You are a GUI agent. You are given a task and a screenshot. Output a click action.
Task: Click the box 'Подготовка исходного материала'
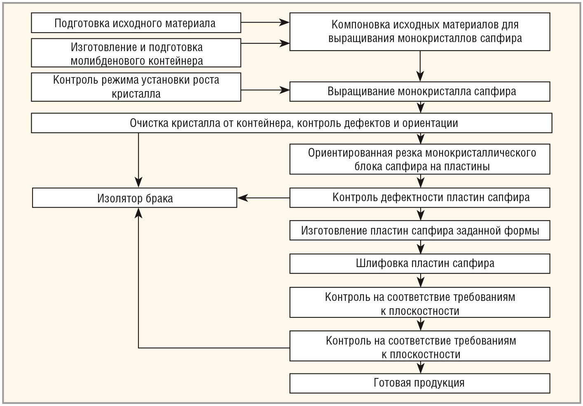[x=136, y=23]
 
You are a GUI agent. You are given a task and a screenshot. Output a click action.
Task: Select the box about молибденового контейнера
[x=136, y=53]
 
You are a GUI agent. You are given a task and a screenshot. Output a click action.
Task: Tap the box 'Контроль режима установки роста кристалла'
[x=136, y=87]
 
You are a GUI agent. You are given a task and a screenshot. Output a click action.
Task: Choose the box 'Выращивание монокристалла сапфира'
[x=420, y=92]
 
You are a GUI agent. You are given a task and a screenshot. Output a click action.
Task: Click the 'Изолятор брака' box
[x=135, y=198]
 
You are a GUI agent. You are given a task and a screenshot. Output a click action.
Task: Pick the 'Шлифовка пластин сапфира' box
[x=420, y=264]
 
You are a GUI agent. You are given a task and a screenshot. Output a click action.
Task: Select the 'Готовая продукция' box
[x=420, y=383]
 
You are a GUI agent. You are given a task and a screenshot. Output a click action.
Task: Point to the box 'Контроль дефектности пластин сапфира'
[x=420, y=198]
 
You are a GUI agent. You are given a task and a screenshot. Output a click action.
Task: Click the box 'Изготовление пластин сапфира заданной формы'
[x=420, y=230]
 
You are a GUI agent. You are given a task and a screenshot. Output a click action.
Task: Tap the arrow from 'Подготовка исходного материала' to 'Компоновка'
[x=265, y=22]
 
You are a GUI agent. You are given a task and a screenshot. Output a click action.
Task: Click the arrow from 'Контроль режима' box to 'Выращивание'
[x=265, y=90]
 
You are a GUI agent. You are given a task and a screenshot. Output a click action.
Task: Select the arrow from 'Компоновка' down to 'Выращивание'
[x=420, y=66]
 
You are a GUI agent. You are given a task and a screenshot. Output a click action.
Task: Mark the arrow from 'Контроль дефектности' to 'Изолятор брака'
[x=263, y=198]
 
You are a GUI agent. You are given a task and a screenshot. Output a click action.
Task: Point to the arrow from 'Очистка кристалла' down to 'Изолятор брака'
[x=138, y=160]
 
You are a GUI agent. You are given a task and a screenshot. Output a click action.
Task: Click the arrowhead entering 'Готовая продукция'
[x=421, y=369]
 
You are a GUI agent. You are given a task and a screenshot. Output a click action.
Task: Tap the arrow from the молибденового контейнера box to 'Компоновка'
[x=265, y=43]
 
